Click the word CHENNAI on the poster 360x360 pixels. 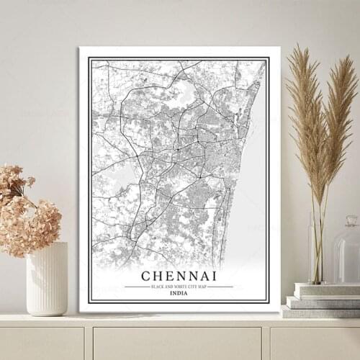coord(178,276)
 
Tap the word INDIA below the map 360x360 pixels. coord(178,293)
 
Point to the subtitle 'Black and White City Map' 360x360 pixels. coord(178,287)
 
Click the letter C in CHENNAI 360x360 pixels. coord(146,276)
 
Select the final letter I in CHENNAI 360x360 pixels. coord(213,276)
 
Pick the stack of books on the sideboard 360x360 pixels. coord(320,301)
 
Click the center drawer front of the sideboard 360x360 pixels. coord(176,343)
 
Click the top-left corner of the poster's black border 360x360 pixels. coord(89,58)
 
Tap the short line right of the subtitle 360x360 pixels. coord(223,287)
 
